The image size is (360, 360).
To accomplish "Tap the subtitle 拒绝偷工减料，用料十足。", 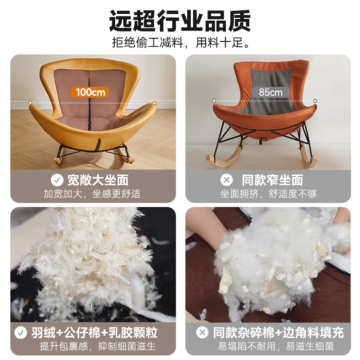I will click(180, 44).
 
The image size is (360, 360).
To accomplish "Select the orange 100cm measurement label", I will click(90, 92).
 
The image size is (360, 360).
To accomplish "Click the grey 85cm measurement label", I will click(270, 92).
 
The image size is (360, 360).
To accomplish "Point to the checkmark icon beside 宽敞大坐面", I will click(57, 180).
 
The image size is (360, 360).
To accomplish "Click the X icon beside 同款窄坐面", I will click(226, 180).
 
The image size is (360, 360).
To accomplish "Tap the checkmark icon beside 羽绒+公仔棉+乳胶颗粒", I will click(20, 333).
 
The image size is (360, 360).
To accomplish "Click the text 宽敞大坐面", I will click(98, 180).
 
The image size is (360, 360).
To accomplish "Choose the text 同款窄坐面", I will click(272, 180).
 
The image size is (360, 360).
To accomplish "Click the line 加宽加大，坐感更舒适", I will click(92, 194).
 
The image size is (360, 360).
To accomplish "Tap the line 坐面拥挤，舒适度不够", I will click(268, 194).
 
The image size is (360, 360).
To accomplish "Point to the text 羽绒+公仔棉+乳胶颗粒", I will click(94, 333).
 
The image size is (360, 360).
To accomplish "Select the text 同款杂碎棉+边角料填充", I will click(278, 333).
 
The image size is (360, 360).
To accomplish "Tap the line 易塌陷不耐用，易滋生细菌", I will click(276, 346).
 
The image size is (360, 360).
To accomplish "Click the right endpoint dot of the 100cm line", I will click(154, 103).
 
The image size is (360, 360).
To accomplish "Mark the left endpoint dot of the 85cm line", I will click(214, 101).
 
